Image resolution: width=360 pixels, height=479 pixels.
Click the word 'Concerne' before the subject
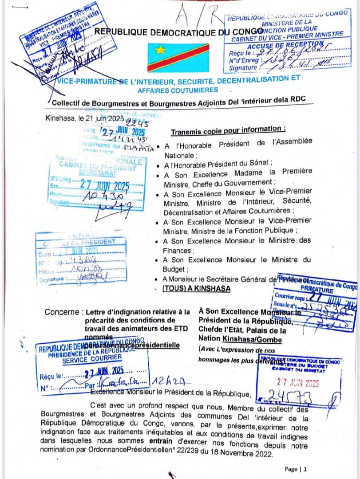[x=63, y=312]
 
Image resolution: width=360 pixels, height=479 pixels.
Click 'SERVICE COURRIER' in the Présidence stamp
[x=87, y=361]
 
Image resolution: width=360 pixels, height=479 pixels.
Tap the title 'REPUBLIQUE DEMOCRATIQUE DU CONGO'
[x=179, y=31]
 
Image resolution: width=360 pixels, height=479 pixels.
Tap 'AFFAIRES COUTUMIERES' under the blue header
[x=178, y=90]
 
